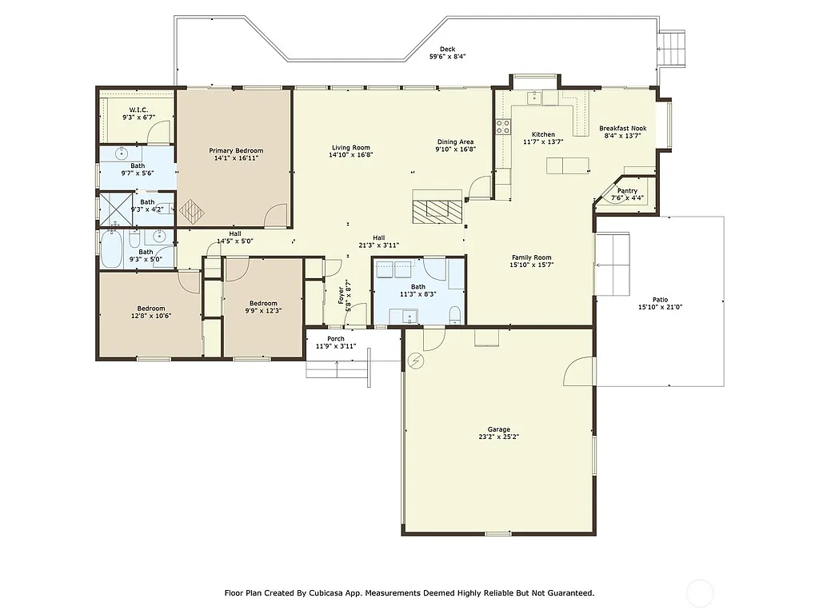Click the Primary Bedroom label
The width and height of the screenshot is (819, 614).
[x=236, y=150]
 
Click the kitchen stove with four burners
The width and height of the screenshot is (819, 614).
[x=504, y=126]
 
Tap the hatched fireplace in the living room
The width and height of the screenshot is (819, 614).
[x=437, y=209]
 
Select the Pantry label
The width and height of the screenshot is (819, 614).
[x=628, y=191]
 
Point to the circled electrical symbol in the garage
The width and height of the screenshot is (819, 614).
[x=415, y=361]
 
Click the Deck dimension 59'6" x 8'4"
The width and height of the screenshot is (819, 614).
[x=447, y=57]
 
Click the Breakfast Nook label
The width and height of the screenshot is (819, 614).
[x=623, y=128]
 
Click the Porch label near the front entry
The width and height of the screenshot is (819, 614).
[x=336, y=338]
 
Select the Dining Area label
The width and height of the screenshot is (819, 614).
[x=454, y=142]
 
